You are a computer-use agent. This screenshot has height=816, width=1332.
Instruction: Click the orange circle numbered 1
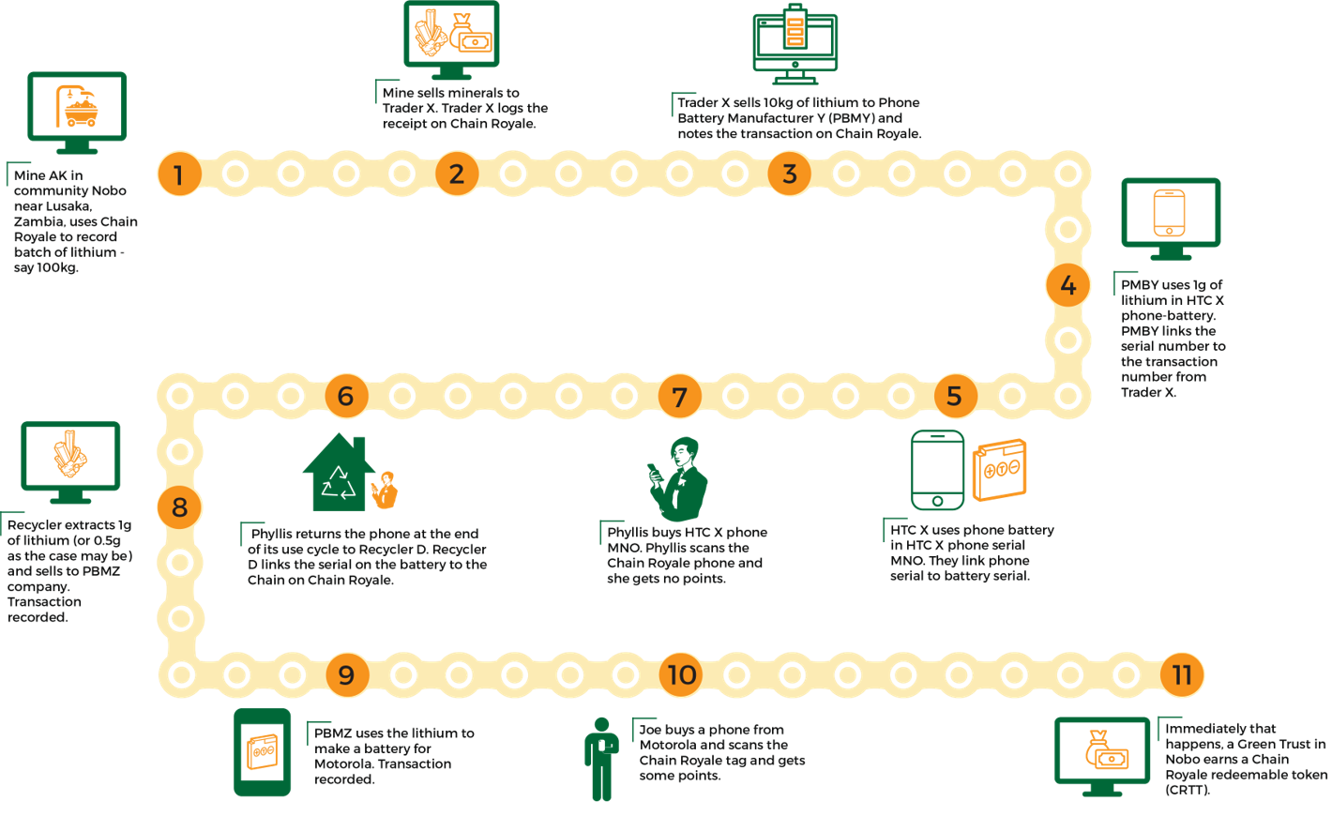(x=178, y=174)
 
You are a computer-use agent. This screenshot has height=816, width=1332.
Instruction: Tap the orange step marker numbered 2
(x=457, y=174)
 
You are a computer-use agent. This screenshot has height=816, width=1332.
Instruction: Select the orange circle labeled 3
(x=790, y=174)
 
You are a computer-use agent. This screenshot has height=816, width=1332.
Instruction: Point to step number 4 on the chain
(x=1067, y=285)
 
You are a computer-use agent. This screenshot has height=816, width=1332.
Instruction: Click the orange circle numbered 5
(x=954, y=396)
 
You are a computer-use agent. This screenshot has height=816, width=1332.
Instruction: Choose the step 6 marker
(x=346, y=396)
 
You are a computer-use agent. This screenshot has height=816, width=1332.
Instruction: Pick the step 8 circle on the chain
(x=179, y=507)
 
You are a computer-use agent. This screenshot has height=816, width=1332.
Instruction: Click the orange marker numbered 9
(x=346, y=674)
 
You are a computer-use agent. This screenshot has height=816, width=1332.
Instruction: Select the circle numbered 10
(x=681, y=674)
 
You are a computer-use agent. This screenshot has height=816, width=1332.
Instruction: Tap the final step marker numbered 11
(x=1182, y=674)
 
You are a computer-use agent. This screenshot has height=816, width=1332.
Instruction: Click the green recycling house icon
(x=339, y=474)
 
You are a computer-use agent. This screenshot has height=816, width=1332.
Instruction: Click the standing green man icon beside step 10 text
(x=600, y=759)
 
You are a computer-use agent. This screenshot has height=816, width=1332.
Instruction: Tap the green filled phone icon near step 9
(x=262, y=752)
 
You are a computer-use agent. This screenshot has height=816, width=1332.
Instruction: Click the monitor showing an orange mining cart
(x=76, y=111)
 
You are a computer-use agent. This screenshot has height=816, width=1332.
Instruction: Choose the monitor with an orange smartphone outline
(x=1170, y=218)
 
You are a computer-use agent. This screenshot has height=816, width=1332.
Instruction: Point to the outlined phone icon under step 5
(x=937, y=471)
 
